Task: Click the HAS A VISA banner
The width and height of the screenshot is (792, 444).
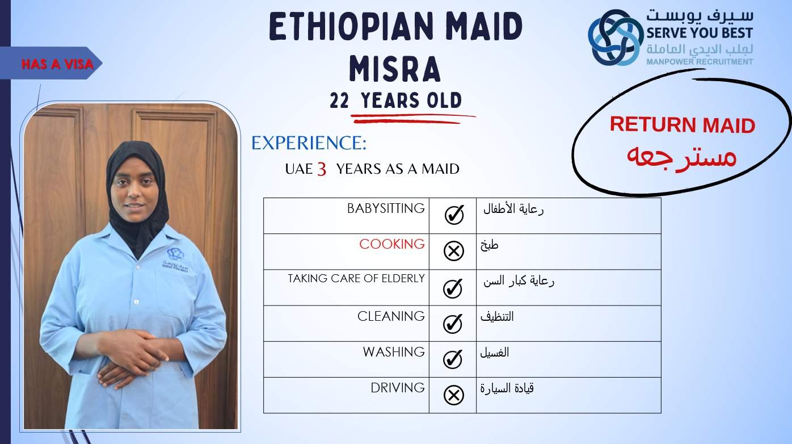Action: coord(51,64)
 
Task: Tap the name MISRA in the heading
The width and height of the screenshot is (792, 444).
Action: coord(395,69)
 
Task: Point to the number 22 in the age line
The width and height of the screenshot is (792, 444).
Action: coord(339,100)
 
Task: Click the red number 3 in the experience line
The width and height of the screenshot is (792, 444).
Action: coord(322,169)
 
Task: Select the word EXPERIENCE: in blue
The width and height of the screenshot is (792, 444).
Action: coord(309,143)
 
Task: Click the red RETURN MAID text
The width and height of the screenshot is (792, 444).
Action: coord(683,124)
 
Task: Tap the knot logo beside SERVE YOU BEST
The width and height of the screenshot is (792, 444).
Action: coord(616,37)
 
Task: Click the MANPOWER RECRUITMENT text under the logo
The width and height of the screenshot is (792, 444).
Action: coord(700,61)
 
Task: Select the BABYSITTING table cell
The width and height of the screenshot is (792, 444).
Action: coord(346,215)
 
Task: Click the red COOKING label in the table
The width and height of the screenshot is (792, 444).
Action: coord(392,244)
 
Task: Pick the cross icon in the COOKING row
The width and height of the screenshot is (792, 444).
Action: coord(454,251)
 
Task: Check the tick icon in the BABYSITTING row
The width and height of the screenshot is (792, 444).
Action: coord(454,215)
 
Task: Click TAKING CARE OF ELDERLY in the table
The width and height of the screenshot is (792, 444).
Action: coord(356,278)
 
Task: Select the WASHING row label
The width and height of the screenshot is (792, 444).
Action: coord(394,351)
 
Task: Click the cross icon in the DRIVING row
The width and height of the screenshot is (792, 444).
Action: coord(454,395)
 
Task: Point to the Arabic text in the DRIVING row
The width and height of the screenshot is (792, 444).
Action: coord(507,388)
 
